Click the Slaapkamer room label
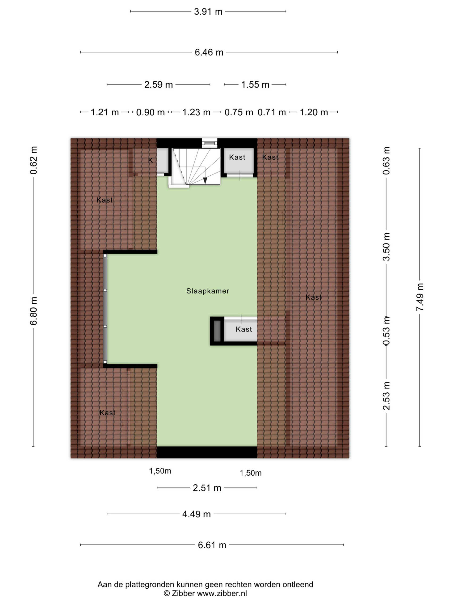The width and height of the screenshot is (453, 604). (x=208, y=291)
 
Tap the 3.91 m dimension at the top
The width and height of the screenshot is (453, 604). (x=208, y=12)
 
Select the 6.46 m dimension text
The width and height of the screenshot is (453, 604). (x=209, y=52)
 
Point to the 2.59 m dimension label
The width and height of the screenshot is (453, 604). (x=158, y=84)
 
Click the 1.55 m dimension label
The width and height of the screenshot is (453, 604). (x=255, y=84)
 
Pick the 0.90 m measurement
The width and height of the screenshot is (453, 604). (x=150, y=112)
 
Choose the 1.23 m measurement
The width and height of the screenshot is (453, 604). (x=196, y=112)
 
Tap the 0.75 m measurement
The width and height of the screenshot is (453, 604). (x=239, y=112)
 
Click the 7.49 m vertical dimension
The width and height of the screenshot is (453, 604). (x=420, y=297)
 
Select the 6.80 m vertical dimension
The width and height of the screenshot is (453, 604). (x=33, y=311)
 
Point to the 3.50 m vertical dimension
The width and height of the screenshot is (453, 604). (x=386, y=247)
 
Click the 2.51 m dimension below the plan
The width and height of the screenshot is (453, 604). (x=207, y=488)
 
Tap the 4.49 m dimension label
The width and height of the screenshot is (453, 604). (x=196, y=514)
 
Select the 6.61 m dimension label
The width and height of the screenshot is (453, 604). (x=212, y=545)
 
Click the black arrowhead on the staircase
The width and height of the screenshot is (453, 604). (x=205, y=180)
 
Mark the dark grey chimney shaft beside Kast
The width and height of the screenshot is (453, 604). (x=217, y=331)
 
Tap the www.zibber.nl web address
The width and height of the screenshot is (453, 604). (x=222, y=593)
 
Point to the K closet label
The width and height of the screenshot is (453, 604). (x=151, y=161)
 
